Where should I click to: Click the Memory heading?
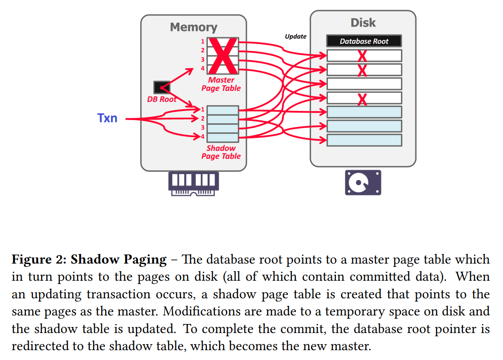pyautogui.click(x=193, y=27)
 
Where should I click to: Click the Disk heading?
pyautogui.click(x=363, y=23)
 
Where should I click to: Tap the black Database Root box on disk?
pyautogui.click(x=364, y=41)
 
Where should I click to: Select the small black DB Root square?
pyautogui.click(x=162, y=87)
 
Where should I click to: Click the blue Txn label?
pyautogui.click(x=107, y=118)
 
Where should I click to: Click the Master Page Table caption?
pyautogui.click(x=221, y=84)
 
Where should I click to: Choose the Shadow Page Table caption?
pyautogui.click(x=221, y=152)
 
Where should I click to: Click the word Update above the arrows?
pyautogui.click(x=296, y=36)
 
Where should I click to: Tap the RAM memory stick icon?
pyautogui.click(x=193, y=183)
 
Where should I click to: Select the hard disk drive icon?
pyautogui.click(x=363, y=183)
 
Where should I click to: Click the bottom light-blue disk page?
pyautogui.click(x=364, y=140)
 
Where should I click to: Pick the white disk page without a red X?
pyautogui.click(x=364, y=84)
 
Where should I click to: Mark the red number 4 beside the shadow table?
pyautogui.click(x=202, y=137)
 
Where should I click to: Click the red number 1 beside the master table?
pyautogui.click(x=203, y=42)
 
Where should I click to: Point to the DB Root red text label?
pyautogui.click(x=162, y=99)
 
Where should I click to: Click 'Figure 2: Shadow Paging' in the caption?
pyautogui.click(x=89, y=259)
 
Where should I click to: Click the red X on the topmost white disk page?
pyautogui.click(x=362, y=56)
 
